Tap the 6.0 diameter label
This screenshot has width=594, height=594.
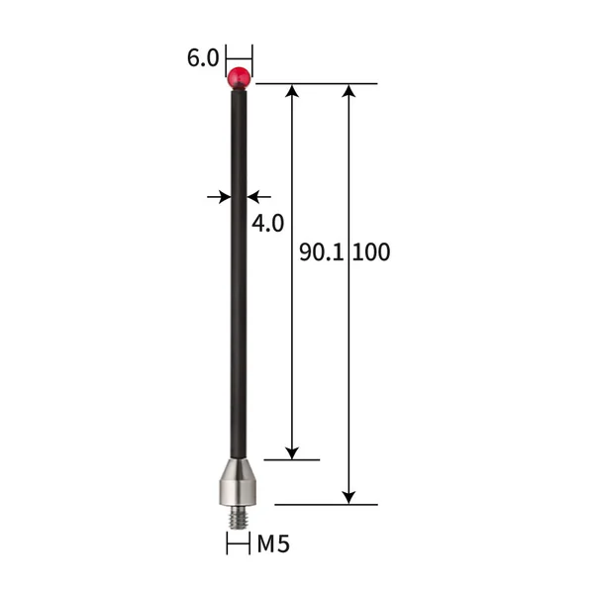tap(202, 58)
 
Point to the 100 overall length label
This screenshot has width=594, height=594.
tap(371, 252)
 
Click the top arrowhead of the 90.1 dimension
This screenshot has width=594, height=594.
tap(292, 92)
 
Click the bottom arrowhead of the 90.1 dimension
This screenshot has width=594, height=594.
tap(292, 451)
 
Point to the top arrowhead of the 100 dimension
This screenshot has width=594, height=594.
tap(348, 92)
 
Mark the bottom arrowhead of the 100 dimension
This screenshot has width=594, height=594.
tap(348, 497)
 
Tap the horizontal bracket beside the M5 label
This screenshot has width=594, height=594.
tap(239, 544)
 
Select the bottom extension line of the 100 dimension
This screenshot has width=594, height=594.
tap(327, 505)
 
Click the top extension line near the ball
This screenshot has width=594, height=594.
tap(317, 84)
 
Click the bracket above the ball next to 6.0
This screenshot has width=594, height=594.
tap(239, 56)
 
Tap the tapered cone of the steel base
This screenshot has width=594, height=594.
tap(239, 466)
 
